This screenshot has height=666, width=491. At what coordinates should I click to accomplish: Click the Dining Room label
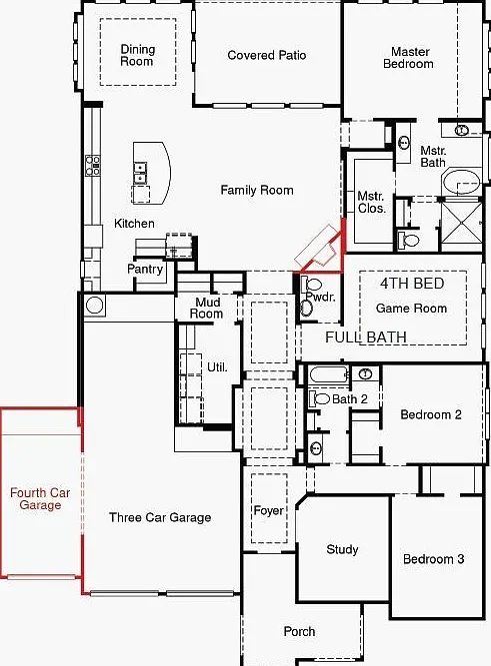137,55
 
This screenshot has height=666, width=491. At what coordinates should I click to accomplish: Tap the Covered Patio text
267,55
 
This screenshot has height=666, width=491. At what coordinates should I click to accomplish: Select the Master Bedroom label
408,58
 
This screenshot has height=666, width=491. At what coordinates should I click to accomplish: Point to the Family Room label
257,190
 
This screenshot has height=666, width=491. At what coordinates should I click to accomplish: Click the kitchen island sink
140,173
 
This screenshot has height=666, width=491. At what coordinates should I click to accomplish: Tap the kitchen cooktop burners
93,165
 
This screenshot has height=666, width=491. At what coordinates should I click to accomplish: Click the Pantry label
145,269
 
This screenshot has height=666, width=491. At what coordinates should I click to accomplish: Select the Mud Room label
206,308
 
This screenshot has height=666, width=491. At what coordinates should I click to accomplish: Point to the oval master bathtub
461,182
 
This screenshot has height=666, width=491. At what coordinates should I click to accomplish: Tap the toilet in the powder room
312,284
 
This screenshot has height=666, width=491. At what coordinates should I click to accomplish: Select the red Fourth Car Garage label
40,498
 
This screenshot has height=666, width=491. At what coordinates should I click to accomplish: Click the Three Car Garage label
160,517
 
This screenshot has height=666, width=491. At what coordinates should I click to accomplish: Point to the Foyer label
268,510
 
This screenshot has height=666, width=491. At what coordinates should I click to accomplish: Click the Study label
342,549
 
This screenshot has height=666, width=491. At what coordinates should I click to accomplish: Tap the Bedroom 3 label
434,559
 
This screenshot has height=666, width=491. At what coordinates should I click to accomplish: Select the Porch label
300,632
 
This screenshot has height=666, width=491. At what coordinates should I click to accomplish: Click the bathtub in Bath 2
329,374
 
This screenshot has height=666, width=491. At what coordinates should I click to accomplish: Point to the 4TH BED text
412,284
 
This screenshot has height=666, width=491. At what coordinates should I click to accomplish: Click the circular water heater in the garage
94,305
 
